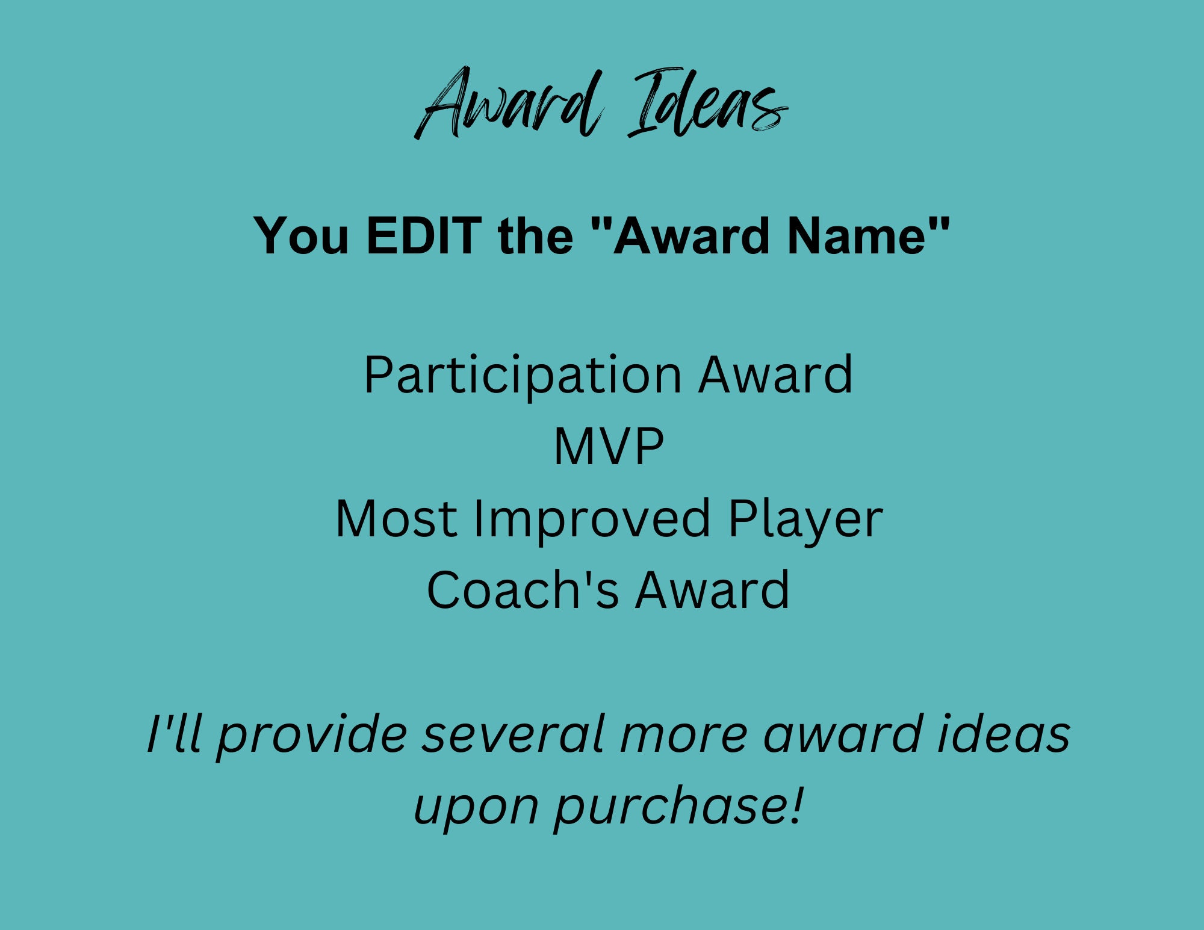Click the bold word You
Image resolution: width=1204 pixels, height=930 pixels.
click(x=301, y=235)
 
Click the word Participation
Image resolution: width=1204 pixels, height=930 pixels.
click(x=523, y=376)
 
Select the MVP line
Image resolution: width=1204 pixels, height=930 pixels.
click(x=609, y=447)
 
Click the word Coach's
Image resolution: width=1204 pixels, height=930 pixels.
click(x=523, y=590)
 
